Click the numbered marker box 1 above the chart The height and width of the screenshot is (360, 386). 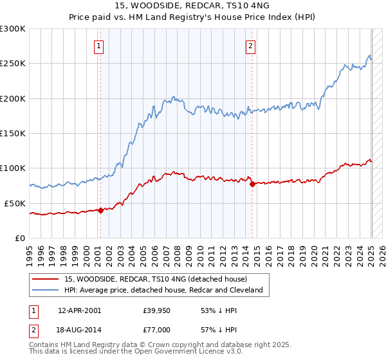(x=99, y=46)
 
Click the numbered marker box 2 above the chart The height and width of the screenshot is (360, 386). (x=250, y=46)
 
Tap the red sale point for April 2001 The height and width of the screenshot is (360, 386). (x=100, y=210)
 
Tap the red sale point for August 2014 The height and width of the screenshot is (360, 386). (x=252, y=184)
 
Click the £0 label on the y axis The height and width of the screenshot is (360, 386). (x=21, y=237)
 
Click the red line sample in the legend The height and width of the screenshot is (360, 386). (x=45, y=279)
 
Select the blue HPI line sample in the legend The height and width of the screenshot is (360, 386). (x=45, y=290)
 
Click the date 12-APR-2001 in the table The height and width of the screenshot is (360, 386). (x=79, y=310)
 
